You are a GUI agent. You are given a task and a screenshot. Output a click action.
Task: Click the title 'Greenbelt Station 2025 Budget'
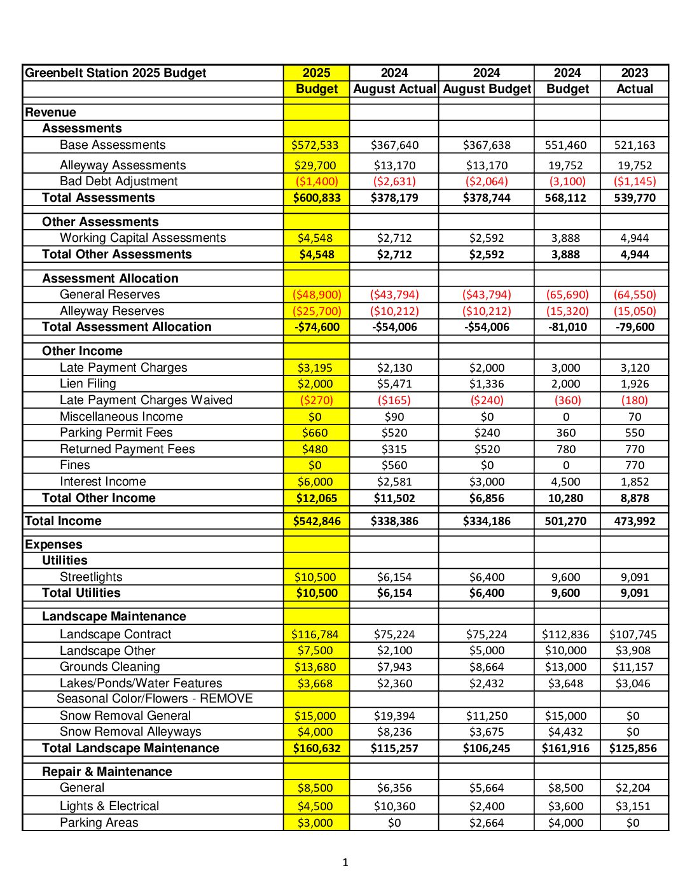(x=116, y=73)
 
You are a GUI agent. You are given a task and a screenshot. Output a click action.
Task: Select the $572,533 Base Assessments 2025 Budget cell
(x=315, y=145)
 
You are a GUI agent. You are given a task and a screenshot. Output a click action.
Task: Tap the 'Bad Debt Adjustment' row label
(x=119, y=181)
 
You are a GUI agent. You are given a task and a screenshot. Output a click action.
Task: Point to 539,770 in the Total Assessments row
(x=635, y=198)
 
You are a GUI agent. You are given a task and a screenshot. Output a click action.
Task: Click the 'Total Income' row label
(x=63, y=521)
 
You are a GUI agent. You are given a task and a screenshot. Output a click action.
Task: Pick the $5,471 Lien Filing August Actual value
(x=394, y=384)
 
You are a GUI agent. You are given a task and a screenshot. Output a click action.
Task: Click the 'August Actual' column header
(x=394, y=89)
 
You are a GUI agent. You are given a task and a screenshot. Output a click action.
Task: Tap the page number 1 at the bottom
(x=345, y=863)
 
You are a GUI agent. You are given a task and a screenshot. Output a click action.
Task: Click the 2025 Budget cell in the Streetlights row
(x=315, y=577)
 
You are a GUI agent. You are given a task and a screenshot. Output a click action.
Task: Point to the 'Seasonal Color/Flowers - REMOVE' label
(x=155, y=699)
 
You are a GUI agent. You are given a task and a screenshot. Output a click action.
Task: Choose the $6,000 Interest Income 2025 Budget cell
(x=315, y=482)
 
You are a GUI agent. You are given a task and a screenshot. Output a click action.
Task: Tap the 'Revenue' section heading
(x=50, y=113)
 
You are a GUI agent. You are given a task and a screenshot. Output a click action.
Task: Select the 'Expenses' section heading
(x=53, y=545)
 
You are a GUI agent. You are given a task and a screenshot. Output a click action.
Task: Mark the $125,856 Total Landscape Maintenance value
(x=633, y=748)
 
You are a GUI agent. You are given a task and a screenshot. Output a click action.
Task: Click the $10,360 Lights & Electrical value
(x=394, y=806)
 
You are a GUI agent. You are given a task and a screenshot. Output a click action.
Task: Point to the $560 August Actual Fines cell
(x=394, y=465)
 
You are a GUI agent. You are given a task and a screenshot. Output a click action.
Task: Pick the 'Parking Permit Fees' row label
(x=116, y=433)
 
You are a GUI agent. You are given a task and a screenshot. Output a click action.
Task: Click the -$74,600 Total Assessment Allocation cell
(x=317, y=327)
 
